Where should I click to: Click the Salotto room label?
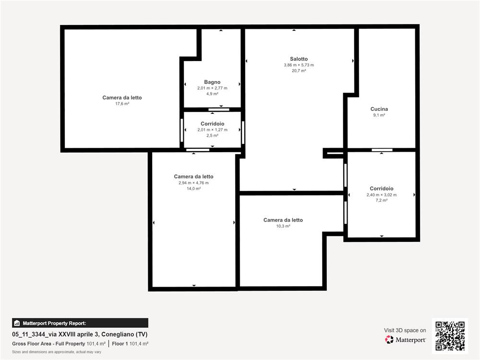299,59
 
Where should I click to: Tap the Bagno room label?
212,82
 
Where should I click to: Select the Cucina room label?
379,109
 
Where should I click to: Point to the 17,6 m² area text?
122,104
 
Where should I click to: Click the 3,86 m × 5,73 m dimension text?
299,65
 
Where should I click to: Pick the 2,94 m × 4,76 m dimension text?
193,183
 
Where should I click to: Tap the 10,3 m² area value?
283,226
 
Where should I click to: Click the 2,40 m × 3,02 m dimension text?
382,195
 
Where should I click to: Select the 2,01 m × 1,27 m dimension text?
212,130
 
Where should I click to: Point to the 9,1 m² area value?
379,115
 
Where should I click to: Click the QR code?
450,336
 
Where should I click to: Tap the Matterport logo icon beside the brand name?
389,339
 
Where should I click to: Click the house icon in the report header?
17,323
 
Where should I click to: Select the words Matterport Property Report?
54,323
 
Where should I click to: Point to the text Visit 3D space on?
405,330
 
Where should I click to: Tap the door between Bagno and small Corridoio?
219,109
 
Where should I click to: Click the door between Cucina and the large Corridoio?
382,150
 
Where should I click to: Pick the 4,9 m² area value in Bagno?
212,94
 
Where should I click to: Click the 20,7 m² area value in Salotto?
299,71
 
